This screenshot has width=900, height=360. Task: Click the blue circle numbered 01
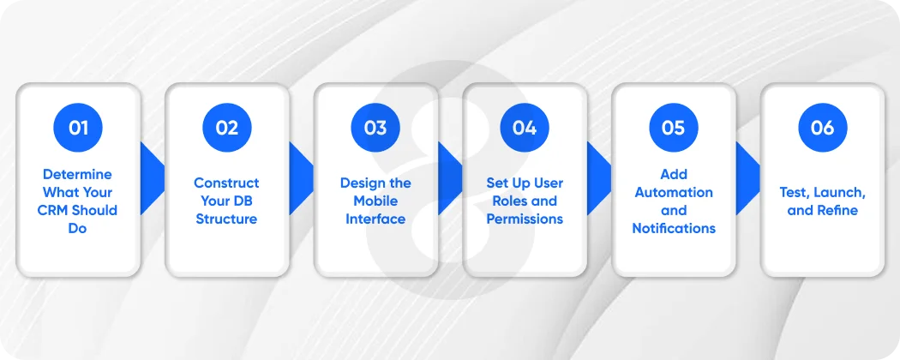click(x=78, y=128)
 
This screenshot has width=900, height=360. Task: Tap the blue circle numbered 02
click(x=226, y=128)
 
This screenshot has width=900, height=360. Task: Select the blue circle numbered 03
click(x=375, y=128)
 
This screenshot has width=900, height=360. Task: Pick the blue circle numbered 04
click(x=525, y=128)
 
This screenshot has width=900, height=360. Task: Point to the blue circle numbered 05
click(x=674, y=128)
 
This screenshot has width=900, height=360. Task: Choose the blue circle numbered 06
click(x=822, y=128)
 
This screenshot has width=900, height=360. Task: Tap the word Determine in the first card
click(x=78, y=174)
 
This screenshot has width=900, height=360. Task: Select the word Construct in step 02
click(x=226, y=183)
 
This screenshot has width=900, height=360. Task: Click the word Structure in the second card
click(x=226, y=219)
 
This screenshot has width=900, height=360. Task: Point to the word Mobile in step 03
click(x=375, y=201)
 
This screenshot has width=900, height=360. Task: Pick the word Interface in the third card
click(x=375, y=219)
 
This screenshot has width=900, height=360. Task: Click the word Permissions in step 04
click(x=525, y=219)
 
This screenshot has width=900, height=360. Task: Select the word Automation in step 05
click(x=674, y=192)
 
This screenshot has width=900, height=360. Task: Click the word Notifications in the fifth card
click(x=674, y=228)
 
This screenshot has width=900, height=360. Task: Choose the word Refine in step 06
click(x=836, y=210)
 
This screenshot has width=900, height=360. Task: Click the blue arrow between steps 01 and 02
click(x=151, y=178)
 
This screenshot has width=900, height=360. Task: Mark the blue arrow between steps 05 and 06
click(x=747, y=178)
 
